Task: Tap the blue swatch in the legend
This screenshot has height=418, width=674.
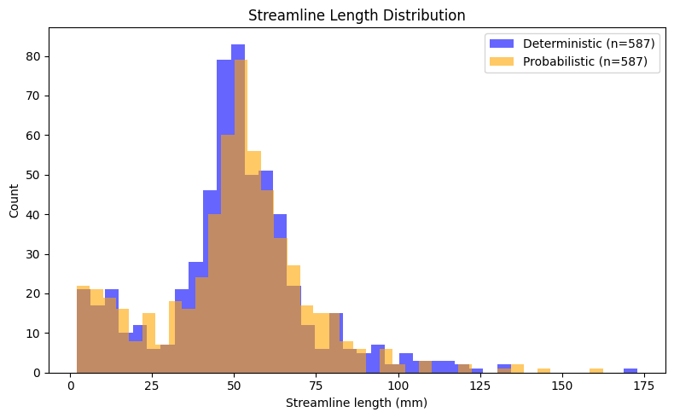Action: tap(501, 43)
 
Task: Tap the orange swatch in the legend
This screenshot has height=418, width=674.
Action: tap(501, 61)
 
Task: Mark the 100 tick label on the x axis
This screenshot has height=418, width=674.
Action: tap(398, 386)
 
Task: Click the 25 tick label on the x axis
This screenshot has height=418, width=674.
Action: tap(152, 386)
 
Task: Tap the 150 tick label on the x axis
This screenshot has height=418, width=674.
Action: tap(561, 386)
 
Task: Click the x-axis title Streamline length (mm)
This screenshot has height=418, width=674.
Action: tap(356, 403)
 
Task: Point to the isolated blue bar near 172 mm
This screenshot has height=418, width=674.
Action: tap(630, 370)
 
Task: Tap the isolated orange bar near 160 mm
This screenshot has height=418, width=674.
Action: tap(596, 370)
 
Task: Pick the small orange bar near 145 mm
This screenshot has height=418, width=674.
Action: tap(543, 370)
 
